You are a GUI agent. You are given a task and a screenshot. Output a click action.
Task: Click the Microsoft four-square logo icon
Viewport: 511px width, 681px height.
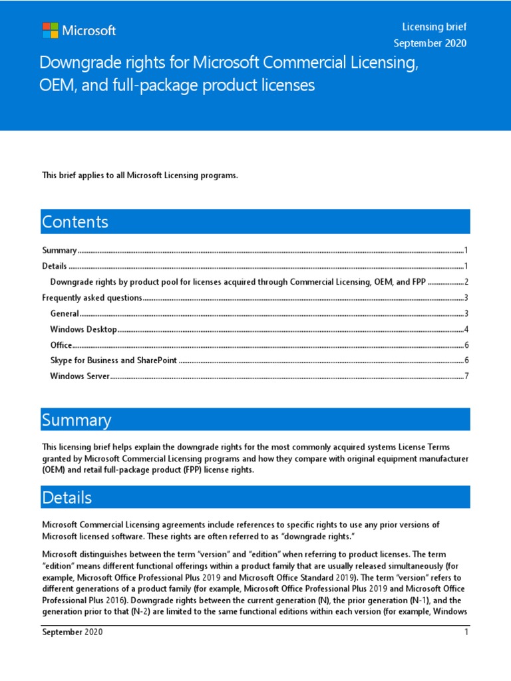click(50, 31)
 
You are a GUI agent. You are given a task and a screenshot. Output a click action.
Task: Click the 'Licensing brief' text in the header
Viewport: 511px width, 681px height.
click(434, 27)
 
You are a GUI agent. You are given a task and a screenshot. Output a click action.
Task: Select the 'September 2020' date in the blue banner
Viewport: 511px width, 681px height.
click(430, 43)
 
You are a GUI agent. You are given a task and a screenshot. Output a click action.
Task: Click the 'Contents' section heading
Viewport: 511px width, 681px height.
click(75, 221)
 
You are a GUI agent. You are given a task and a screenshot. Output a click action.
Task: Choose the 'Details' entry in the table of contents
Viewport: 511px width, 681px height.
click(55, 266)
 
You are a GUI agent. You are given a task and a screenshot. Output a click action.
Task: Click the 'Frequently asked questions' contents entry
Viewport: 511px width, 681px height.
click(92, 298)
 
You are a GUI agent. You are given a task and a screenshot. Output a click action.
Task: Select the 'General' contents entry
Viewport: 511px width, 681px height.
click(65, 313)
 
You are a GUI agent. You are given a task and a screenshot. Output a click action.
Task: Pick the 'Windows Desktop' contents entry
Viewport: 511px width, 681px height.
click(84, 329)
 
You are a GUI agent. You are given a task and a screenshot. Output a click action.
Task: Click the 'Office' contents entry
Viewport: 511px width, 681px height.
click(61, 345)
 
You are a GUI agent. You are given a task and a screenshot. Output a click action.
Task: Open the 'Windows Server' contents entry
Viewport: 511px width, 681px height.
click(80, 376)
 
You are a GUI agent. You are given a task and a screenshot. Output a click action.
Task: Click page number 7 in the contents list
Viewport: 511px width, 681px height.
click(467, 376)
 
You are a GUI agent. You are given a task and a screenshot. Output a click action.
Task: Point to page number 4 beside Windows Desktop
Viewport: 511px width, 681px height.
click(467, 329)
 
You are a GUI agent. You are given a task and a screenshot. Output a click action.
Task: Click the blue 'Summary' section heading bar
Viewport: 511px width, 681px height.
click(255, 420)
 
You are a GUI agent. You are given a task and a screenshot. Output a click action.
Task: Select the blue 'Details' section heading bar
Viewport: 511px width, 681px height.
click(255, 497)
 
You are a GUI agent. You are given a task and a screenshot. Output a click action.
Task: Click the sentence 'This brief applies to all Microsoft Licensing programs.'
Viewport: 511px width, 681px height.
click(140, 176)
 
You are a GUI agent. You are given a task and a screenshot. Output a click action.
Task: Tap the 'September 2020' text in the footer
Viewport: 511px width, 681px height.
click(73, 632)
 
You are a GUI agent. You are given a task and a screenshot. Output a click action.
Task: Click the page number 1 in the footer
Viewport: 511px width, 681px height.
click(467, 632)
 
